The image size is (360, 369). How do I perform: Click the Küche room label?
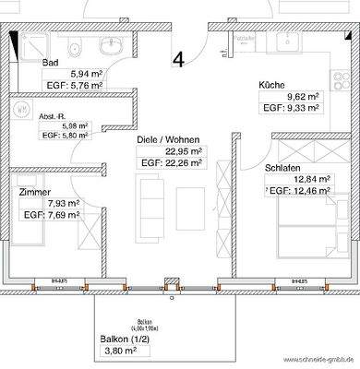[271, 85]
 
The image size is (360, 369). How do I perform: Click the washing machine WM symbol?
[21, 107]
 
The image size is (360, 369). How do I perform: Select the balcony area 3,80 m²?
[118, 351]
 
